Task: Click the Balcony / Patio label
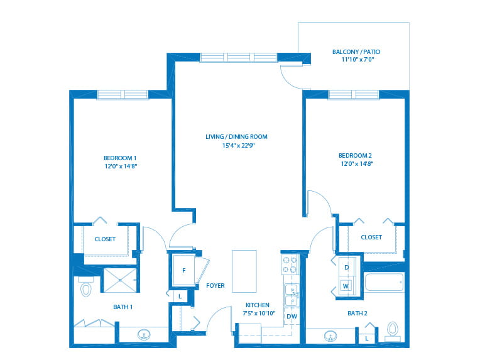(356, 52)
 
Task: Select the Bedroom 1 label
(120, 158)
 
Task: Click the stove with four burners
(290, 265)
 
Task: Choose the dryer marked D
(346, 267)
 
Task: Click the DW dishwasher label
(292, 316)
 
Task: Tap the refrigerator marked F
(183, 271)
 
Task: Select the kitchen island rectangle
(244, 271)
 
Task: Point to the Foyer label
(215, 286)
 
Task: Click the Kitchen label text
(257, 305)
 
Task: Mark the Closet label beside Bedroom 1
(105, 239)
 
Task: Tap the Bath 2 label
(357, 313)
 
